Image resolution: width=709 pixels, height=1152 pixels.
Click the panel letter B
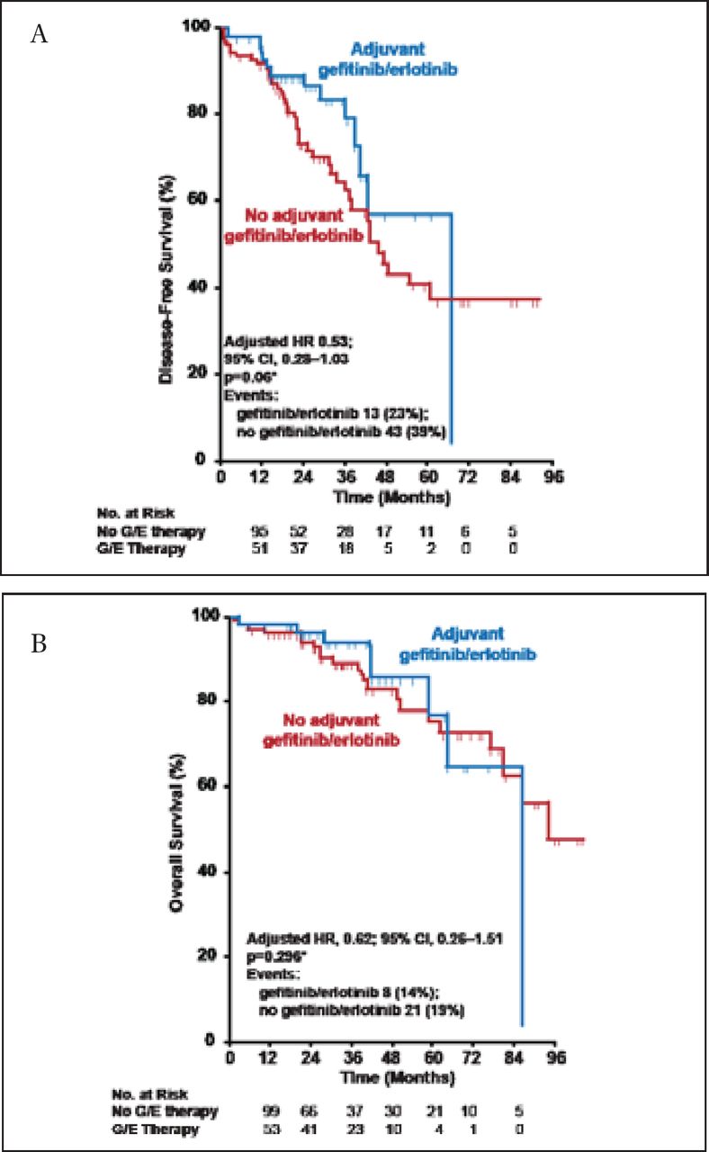[x=38, y=645]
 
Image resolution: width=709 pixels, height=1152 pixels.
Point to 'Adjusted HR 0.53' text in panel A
[x=284, y=343]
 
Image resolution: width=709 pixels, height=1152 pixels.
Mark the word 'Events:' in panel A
[x=246, y=393]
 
